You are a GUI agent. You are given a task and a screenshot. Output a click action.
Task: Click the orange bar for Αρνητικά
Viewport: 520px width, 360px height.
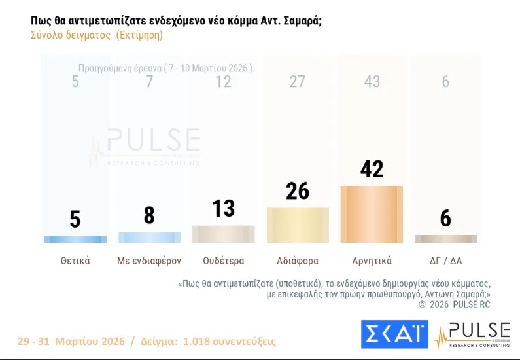(372, 214)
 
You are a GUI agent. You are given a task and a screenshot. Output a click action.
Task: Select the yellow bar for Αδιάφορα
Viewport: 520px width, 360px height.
(298, 225)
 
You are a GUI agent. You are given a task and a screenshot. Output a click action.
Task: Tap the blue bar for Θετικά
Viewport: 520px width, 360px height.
(75, 239)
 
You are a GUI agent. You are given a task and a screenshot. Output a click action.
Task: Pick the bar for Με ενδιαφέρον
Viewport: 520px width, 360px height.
(149, 237)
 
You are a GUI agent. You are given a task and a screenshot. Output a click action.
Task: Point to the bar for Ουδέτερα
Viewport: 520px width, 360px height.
(223, 234)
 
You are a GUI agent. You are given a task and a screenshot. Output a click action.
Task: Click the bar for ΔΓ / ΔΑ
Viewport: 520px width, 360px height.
(445, 239)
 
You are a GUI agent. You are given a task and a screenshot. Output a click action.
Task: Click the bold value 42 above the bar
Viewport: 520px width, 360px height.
(372, 170)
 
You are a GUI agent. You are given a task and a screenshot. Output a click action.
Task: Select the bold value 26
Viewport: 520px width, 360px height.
(298, 191)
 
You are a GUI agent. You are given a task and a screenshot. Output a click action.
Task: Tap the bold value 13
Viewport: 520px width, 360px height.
(223, 209)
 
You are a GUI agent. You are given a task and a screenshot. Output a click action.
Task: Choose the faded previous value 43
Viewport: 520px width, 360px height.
(372, 82)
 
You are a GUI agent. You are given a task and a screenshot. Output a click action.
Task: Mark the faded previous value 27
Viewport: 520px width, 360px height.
(298, 82)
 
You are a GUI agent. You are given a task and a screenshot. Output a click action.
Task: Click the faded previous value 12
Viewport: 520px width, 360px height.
(223, 82)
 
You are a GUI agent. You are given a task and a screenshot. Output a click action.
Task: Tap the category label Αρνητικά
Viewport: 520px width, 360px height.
(372, 261)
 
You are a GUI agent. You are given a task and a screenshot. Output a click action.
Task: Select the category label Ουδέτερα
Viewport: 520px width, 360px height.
(223, 261)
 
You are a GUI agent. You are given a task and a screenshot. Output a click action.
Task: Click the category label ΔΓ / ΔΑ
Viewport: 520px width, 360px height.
(445, 261)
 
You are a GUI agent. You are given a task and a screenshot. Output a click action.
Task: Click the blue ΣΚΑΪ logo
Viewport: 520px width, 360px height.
(394, 334)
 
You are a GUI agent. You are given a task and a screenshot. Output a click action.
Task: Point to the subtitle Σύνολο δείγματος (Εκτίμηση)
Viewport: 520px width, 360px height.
(97, 35)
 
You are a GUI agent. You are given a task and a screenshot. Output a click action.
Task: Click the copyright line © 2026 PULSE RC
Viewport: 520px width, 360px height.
(454, 304)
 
